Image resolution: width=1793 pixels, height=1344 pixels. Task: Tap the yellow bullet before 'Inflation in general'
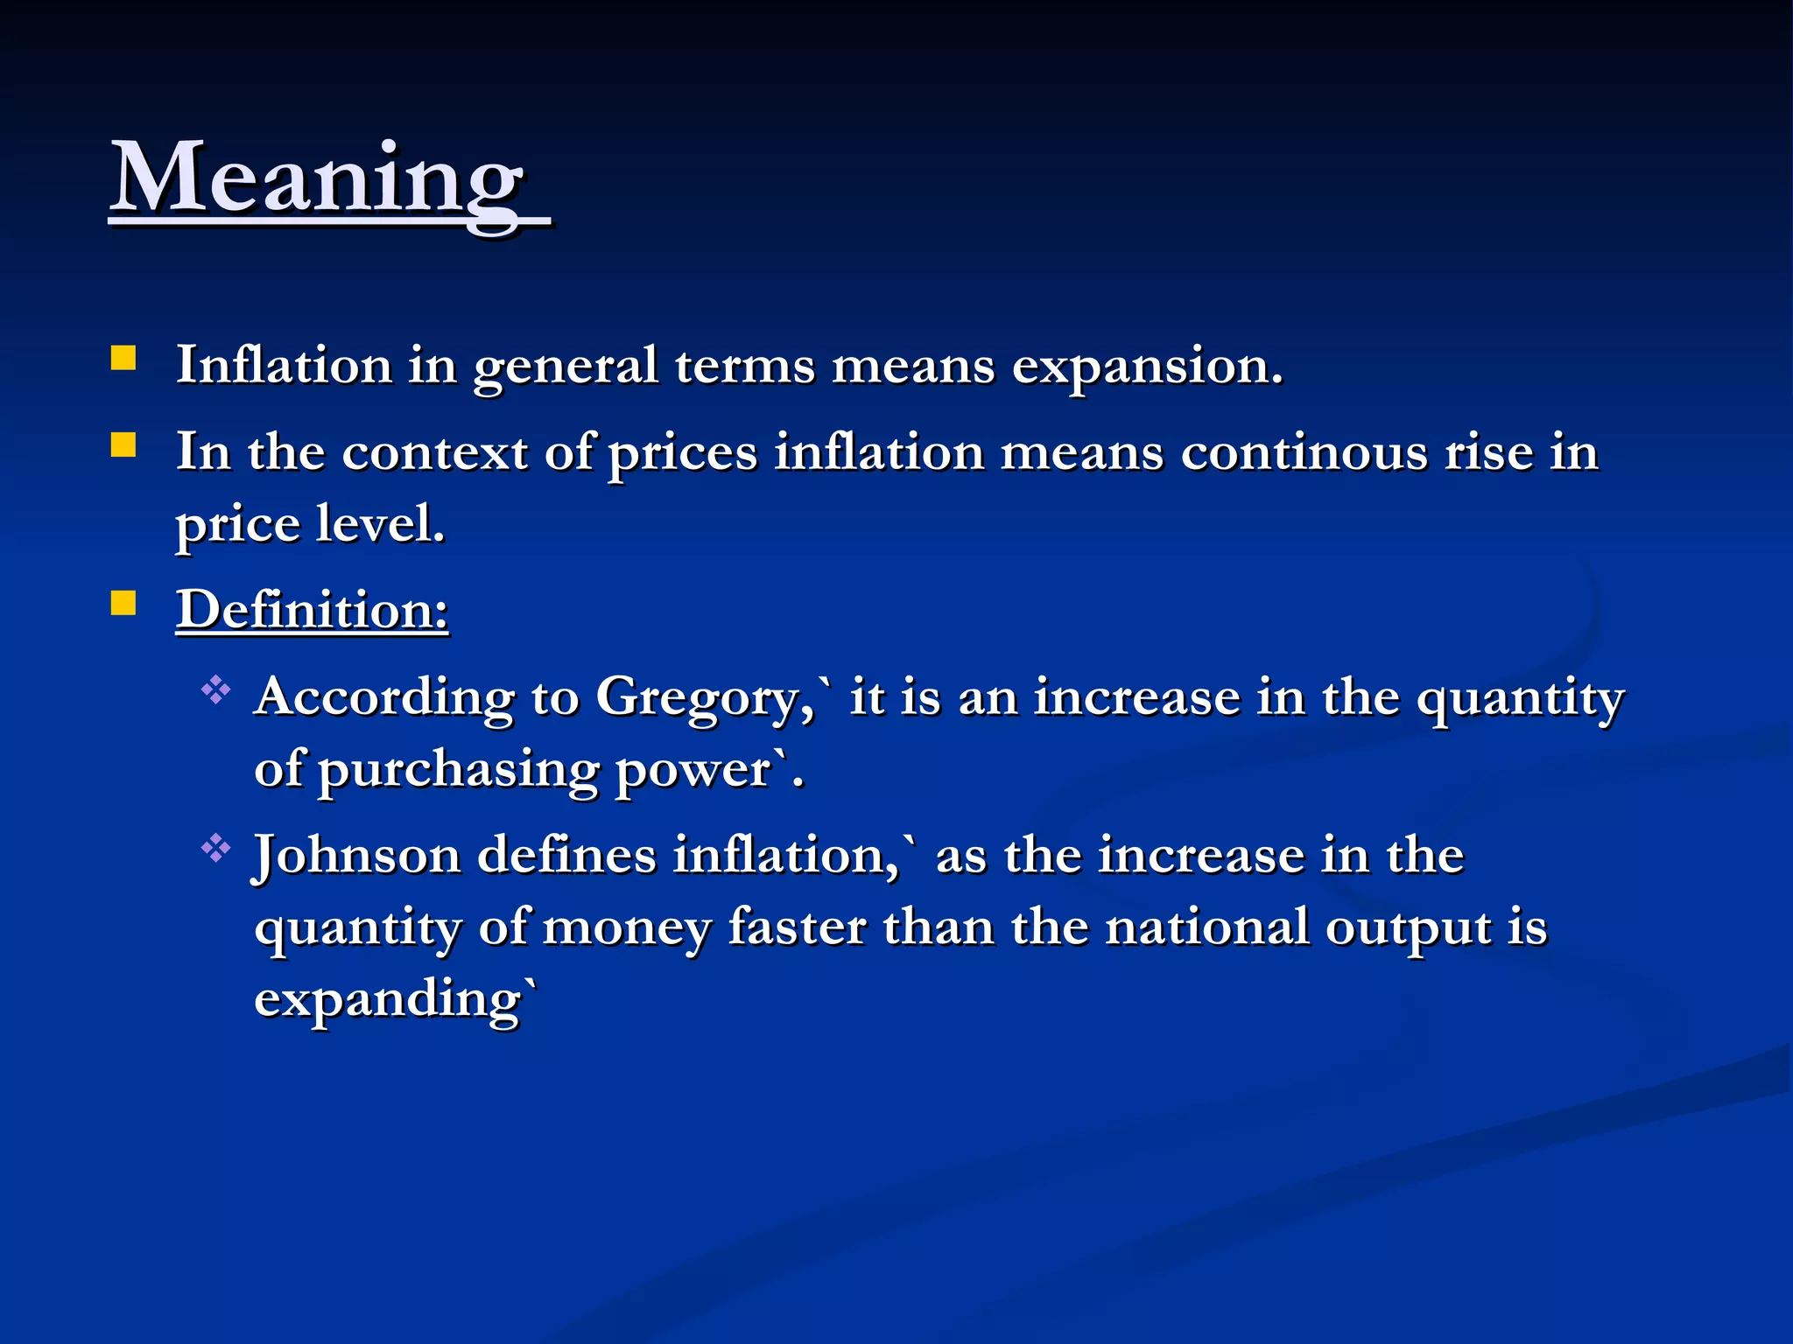tap(123, 360)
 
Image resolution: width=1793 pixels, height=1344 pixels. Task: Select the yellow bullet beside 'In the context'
tap(123, 446)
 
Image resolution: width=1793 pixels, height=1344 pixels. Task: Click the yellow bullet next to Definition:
tap(123, 604)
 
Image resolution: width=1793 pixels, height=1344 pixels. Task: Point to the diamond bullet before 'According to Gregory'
tap(215, 691)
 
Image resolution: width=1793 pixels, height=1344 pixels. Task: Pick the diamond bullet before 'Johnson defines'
tap(215, 849)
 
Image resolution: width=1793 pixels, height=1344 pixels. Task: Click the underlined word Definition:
tap(313, 609)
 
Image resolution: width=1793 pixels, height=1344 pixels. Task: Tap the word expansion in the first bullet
tap(1147, 366)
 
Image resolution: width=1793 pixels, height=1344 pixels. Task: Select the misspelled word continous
tap(1304, 453)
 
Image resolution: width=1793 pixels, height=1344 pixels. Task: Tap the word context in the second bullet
tap(435, 453)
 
